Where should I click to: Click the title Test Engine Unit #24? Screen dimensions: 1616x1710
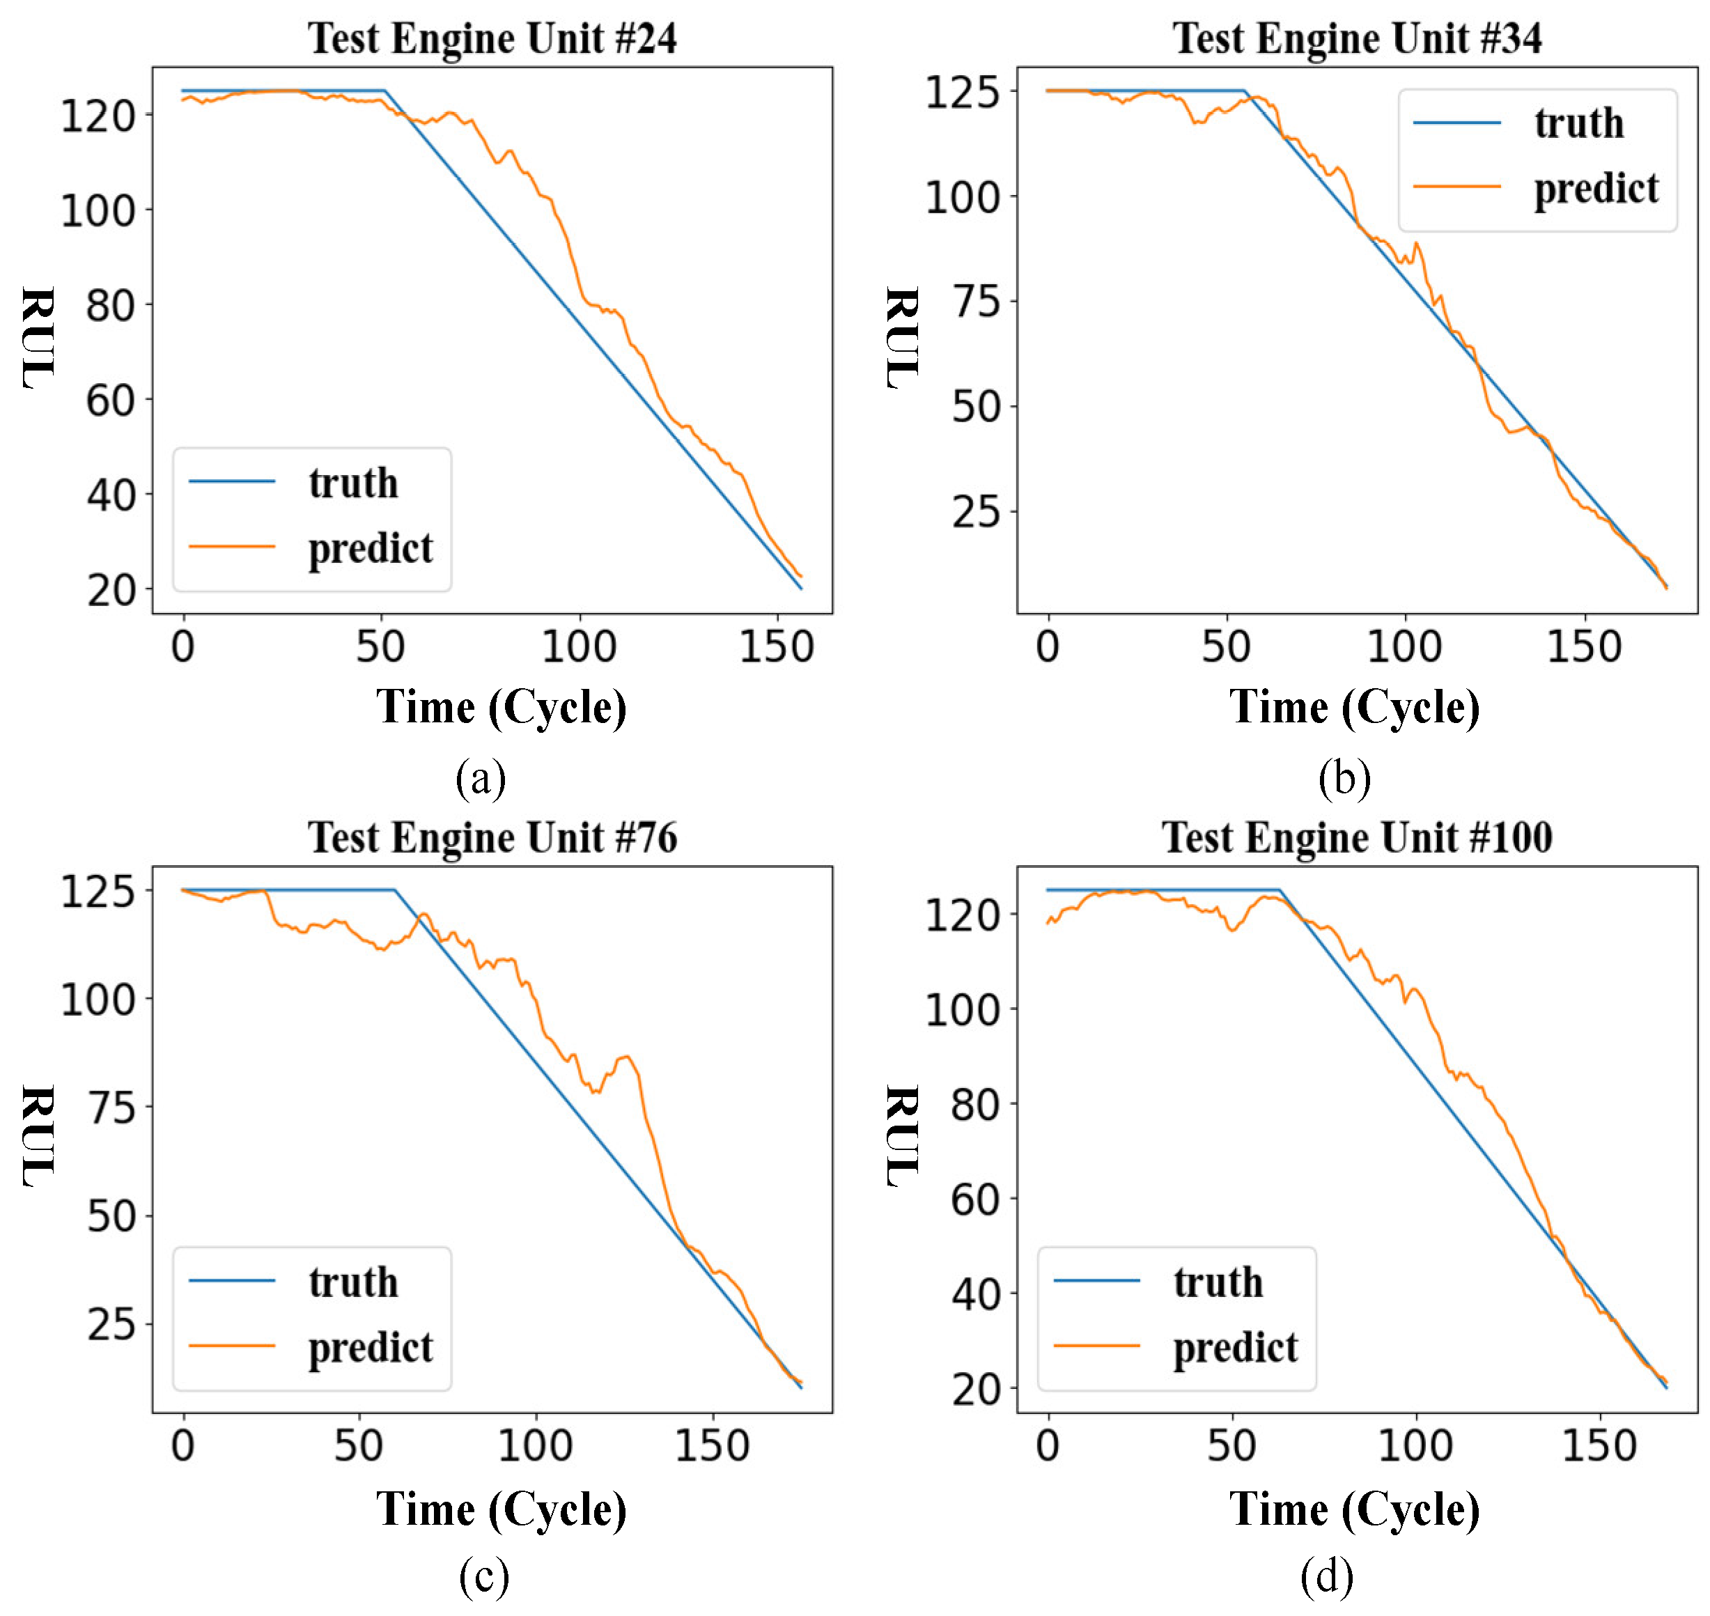tap(492, 39)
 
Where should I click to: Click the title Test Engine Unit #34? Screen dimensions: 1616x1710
tap(1356, 39)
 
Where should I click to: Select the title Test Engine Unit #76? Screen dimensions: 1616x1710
tap(492, 837)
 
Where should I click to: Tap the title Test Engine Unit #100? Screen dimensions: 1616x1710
tap(1356, 837)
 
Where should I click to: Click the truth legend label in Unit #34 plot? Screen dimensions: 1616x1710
tap(1578, 123)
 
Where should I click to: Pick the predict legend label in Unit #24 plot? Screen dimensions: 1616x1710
tap(371, 548)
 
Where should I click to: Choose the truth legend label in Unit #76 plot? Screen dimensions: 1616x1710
tap(353, 1282)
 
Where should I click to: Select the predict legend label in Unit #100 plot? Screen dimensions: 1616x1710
tap(1234, 1347)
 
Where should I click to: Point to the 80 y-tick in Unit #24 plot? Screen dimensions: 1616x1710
tap(110, 306)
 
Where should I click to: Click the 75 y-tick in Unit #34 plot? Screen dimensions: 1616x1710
tap(975, 302)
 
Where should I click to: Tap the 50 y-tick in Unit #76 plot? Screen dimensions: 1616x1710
tap(110, 1217)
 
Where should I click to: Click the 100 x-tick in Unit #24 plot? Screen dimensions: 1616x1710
tap(579, 647)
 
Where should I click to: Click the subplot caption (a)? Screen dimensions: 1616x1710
tap(481, 779)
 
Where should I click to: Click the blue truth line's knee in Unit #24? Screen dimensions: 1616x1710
tap(385, 91)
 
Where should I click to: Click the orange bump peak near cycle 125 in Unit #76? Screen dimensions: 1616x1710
tap(626, 1057)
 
